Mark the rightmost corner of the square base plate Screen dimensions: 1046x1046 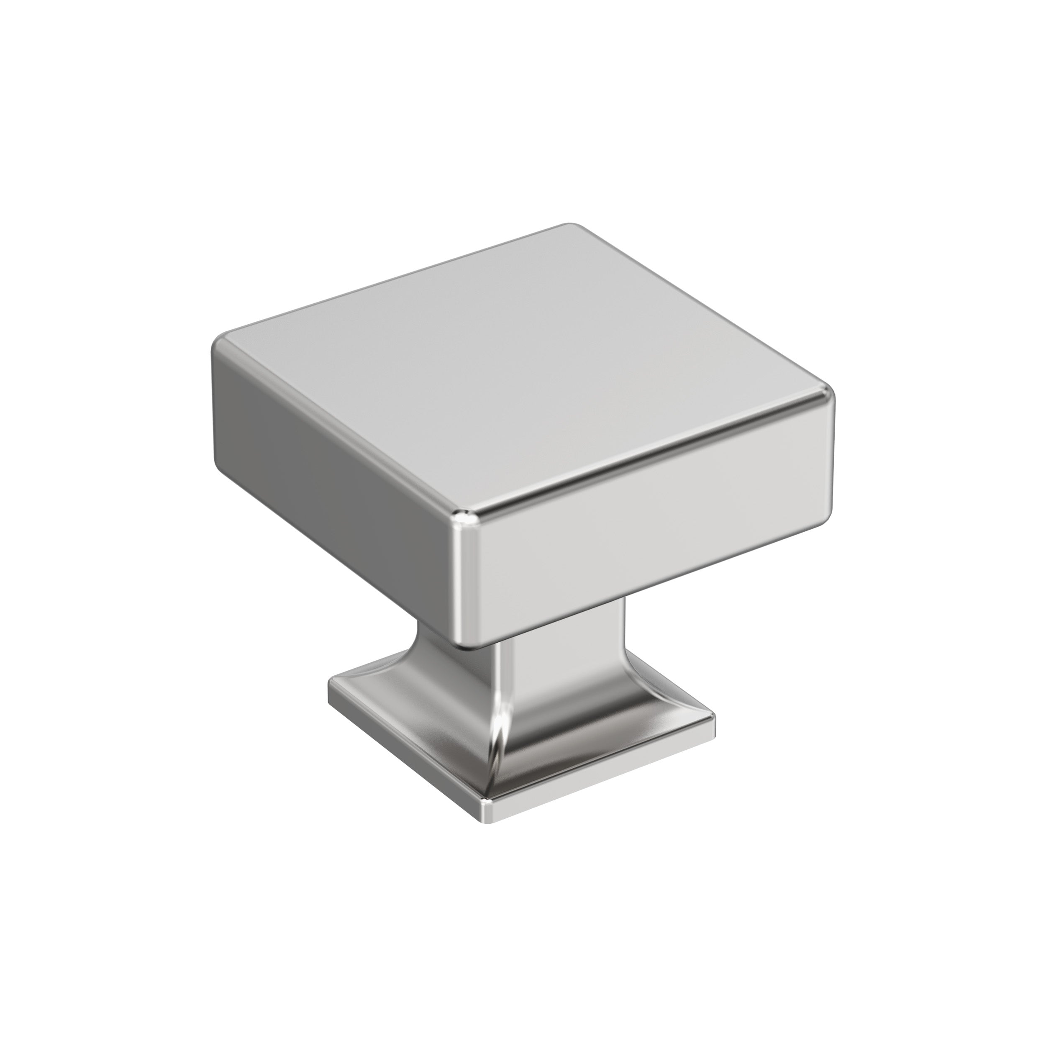point(713,720)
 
